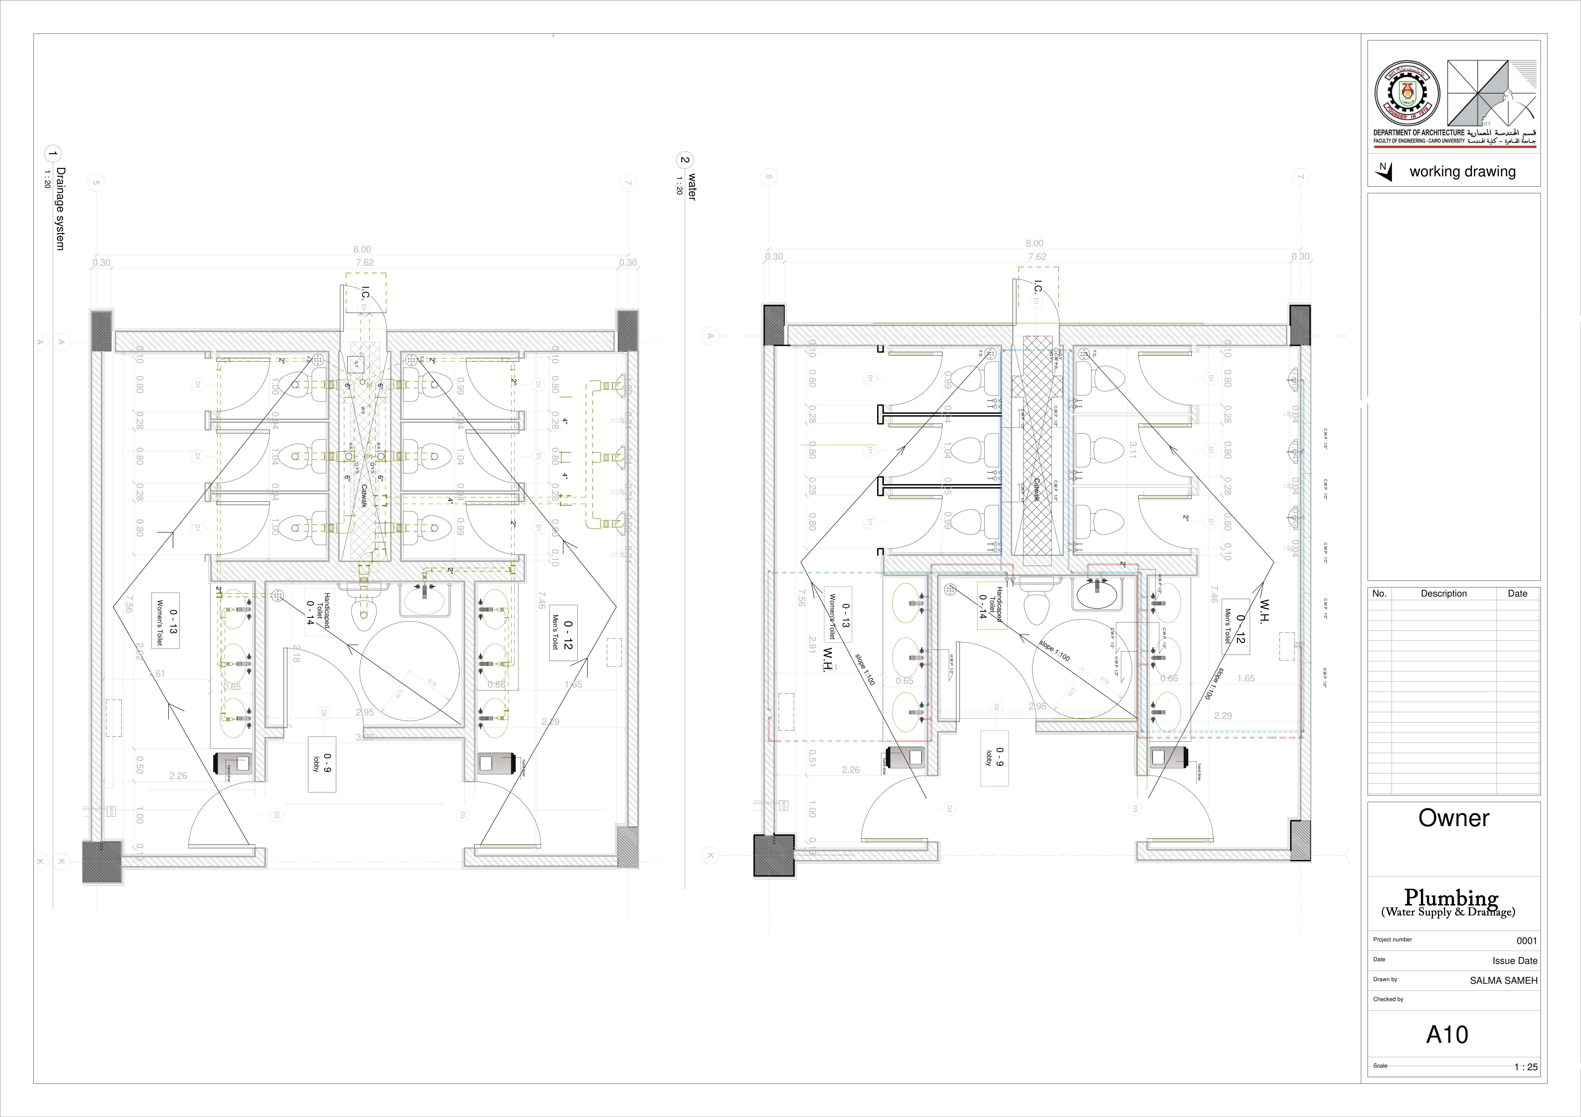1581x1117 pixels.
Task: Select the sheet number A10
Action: tap(1447, 1034)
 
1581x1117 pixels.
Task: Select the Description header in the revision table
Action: tap(1443, 593)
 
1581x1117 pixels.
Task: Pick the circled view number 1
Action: tap(52, 154)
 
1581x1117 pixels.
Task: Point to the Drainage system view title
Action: tap(61, 209)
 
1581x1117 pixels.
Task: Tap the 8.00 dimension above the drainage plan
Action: tap(361, 249)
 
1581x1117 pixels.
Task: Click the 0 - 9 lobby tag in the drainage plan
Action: tap(322, 763)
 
